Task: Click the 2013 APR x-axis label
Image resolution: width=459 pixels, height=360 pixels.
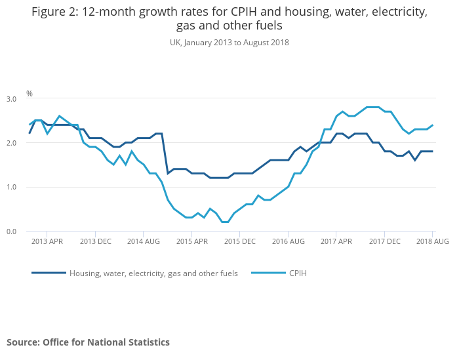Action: point(47,242)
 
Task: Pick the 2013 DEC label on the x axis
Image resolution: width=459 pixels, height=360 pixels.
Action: point(96,242)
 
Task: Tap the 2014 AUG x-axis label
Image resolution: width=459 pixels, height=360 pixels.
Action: point(144,242)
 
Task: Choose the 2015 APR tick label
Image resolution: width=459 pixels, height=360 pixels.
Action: point(192,242)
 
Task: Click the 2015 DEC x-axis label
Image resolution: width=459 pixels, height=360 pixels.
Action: point(240,242)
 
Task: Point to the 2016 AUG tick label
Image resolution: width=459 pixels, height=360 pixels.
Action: point(289,242)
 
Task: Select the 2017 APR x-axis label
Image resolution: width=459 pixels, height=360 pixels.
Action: point(336,242)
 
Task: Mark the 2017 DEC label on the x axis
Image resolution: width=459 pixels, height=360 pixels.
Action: point(385,242)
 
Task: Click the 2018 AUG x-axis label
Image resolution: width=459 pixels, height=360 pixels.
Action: point(433,242)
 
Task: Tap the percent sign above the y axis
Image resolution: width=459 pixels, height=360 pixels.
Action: point(30,94)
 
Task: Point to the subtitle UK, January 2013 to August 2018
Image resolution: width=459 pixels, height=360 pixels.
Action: point(229,43)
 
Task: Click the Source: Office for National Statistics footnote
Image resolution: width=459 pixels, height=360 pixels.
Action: point(88,342)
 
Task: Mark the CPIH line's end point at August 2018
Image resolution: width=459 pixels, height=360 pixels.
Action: point(433,125)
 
